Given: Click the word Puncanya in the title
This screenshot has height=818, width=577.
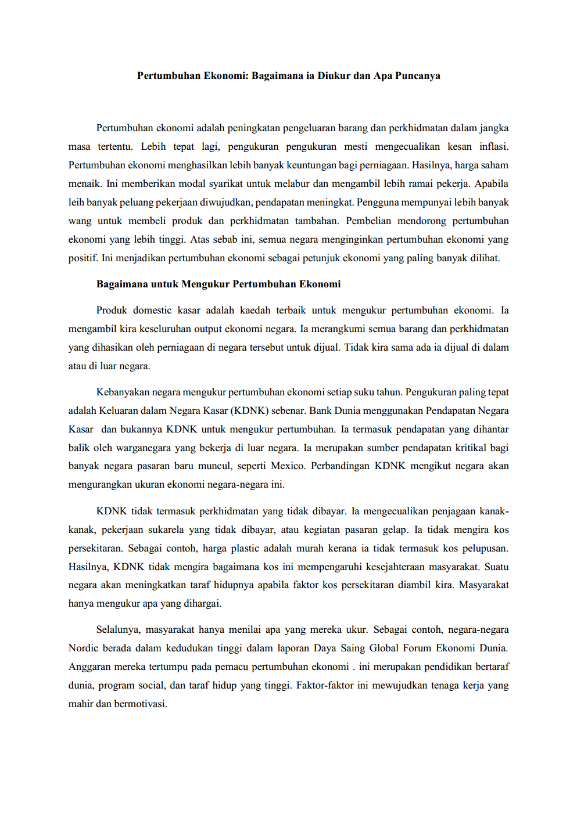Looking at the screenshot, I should click(417, 75).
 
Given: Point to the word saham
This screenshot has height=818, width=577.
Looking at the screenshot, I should click(495, 165).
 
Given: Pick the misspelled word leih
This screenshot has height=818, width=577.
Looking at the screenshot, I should click(76, 202).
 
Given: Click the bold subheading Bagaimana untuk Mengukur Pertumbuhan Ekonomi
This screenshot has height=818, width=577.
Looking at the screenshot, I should click(218, 284).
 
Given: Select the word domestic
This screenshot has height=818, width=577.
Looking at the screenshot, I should click(152, 310).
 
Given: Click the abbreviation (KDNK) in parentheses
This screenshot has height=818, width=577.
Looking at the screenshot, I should click(249, 410).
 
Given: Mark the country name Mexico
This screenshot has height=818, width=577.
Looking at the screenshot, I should click(288, 466).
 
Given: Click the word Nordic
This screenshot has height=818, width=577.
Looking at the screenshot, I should click(83, 648).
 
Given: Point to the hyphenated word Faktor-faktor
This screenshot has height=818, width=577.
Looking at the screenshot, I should click(324, 685).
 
